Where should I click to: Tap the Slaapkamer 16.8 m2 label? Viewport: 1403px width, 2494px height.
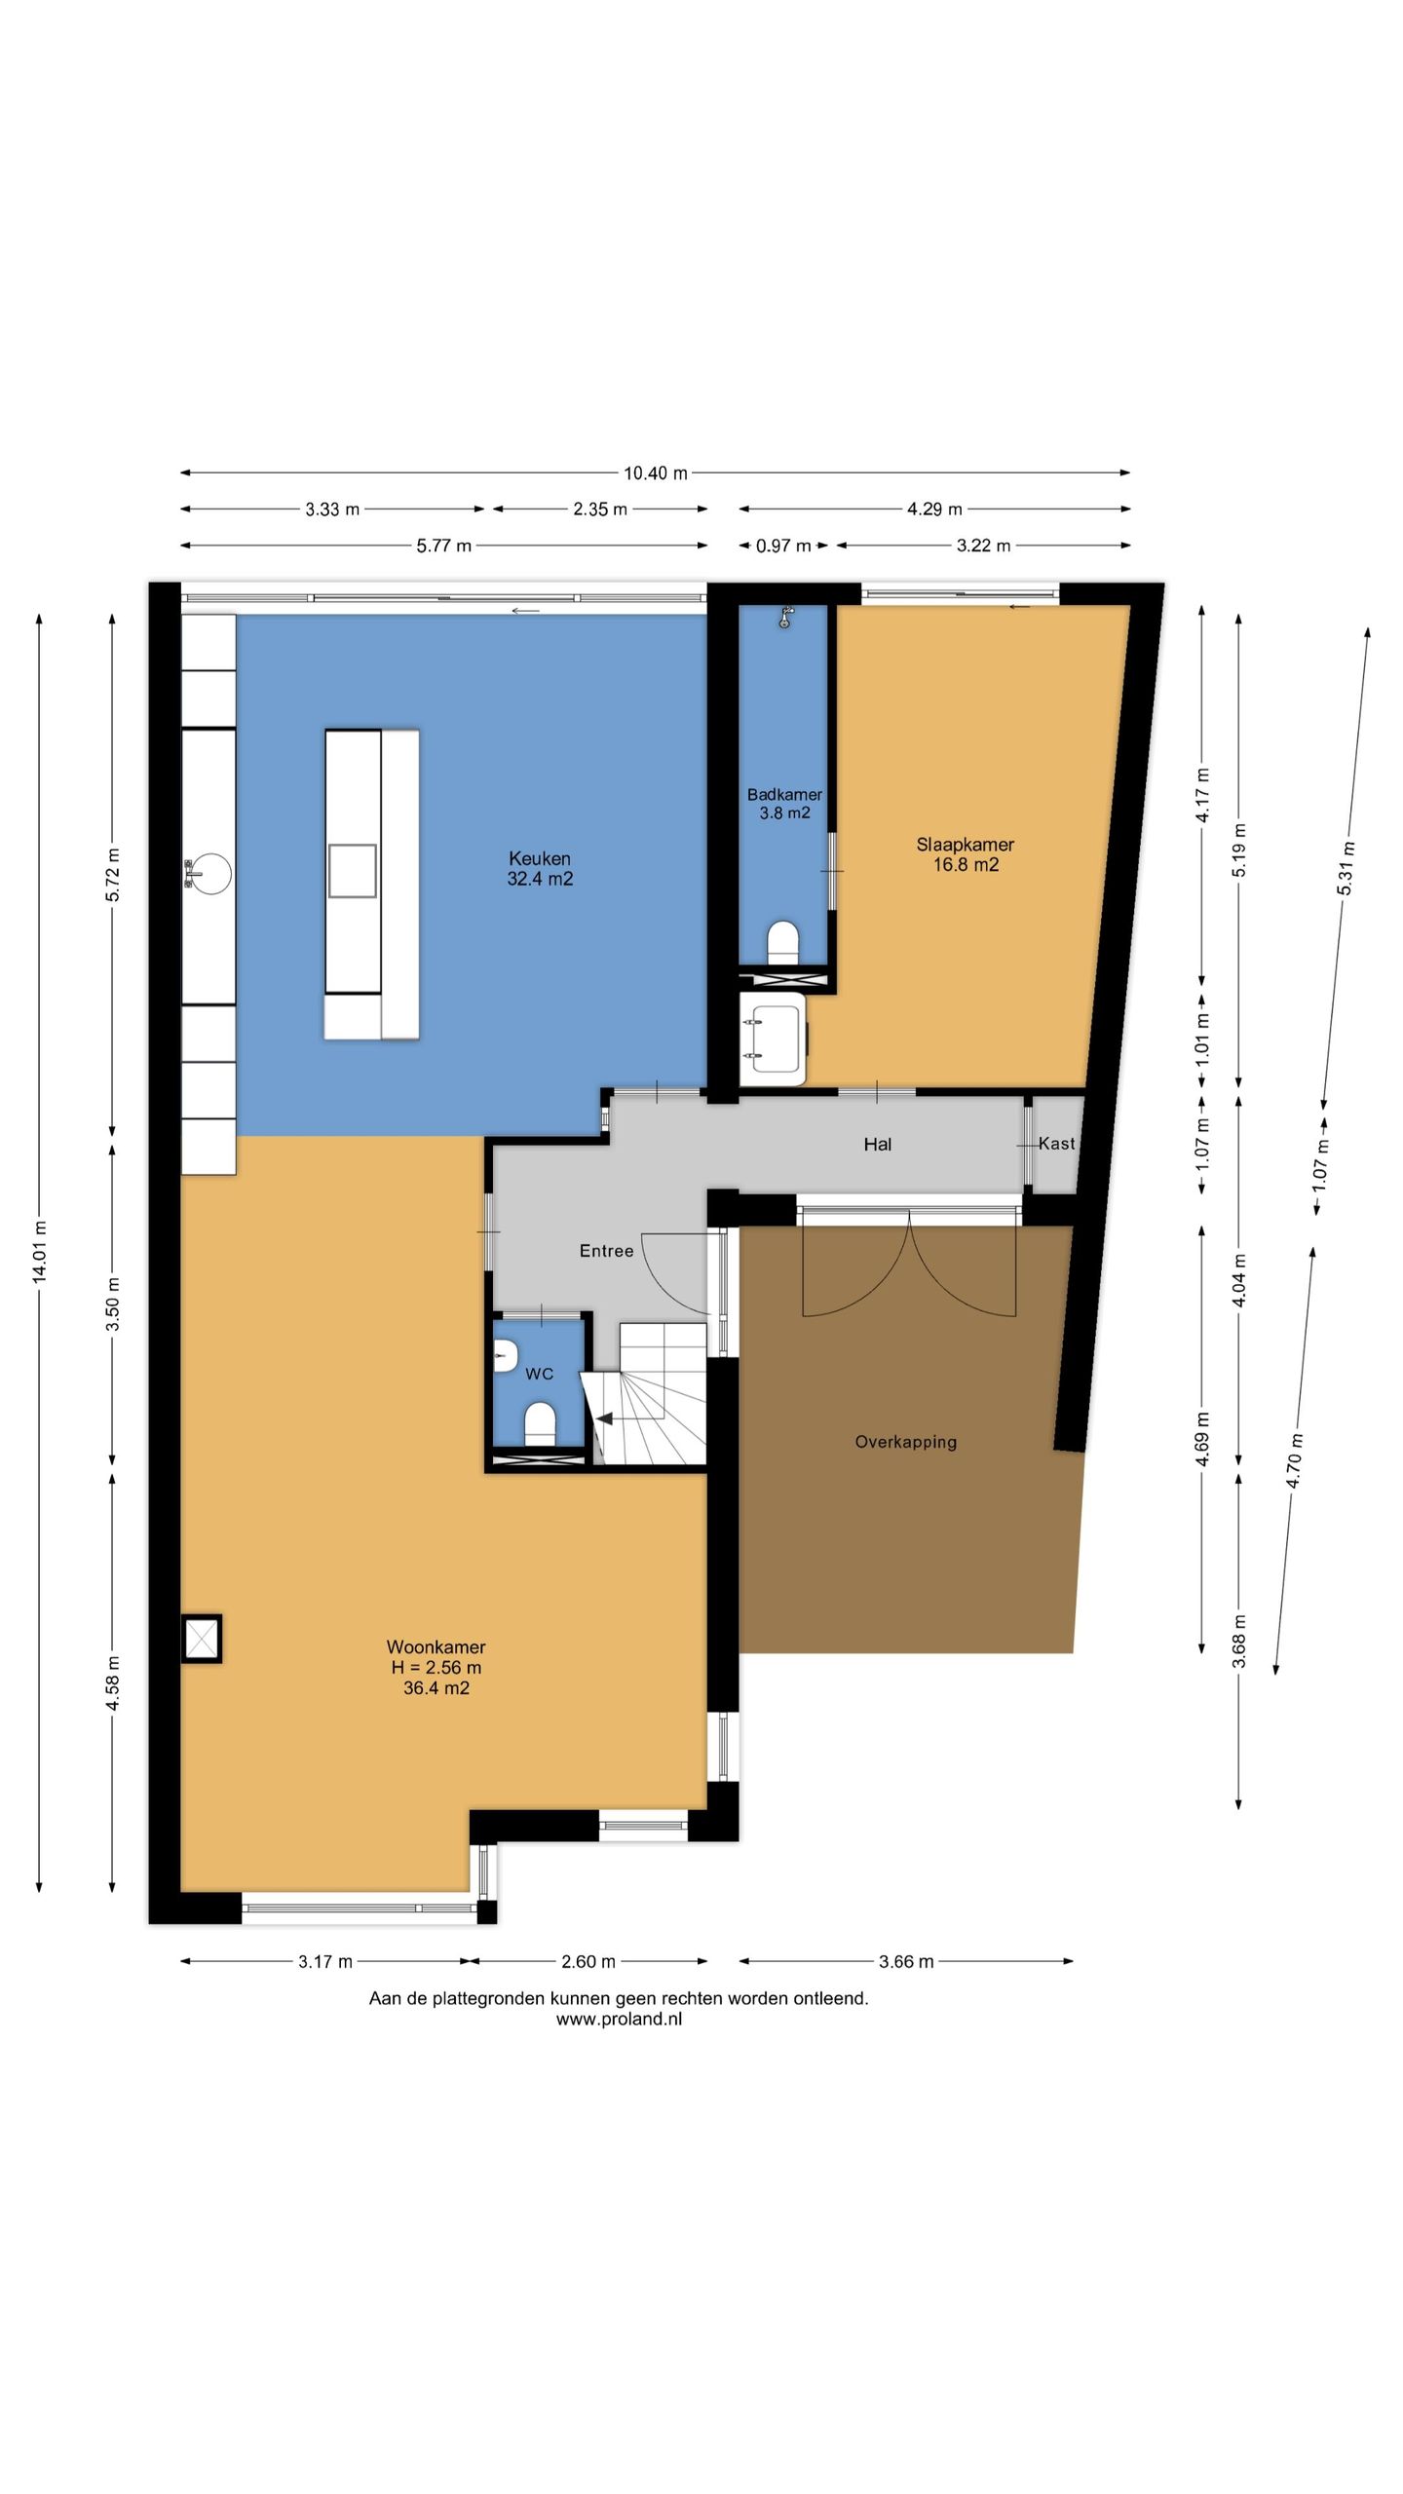965,854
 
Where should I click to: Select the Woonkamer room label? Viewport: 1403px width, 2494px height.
436,1667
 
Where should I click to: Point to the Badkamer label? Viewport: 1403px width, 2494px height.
784,804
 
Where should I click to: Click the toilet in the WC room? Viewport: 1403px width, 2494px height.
540,1423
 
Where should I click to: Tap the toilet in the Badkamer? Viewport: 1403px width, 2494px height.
783,942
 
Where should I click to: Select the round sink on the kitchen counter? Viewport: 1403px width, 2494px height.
208,873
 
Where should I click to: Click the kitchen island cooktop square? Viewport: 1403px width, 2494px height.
352,870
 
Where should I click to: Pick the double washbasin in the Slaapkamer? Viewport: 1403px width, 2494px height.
774,1039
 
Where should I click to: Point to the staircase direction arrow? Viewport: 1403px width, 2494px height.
604,1418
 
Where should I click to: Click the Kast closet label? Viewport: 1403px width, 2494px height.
1057,1144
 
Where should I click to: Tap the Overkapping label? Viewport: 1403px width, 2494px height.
906,1442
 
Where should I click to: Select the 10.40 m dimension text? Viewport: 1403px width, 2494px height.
656,473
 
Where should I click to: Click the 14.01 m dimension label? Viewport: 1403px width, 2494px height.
40,1252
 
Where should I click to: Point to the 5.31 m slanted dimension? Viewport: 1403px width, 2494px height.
1346,869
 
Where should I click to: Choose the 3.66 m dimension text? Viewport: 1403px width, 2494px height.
906,1962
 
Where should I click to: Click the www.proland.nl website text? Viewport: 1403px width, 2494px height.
619,2020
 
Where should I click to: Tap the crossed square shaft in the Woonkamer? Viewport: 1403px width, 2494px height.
202,1639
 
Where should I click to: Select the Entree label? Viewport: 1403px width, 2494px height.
606,1251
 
